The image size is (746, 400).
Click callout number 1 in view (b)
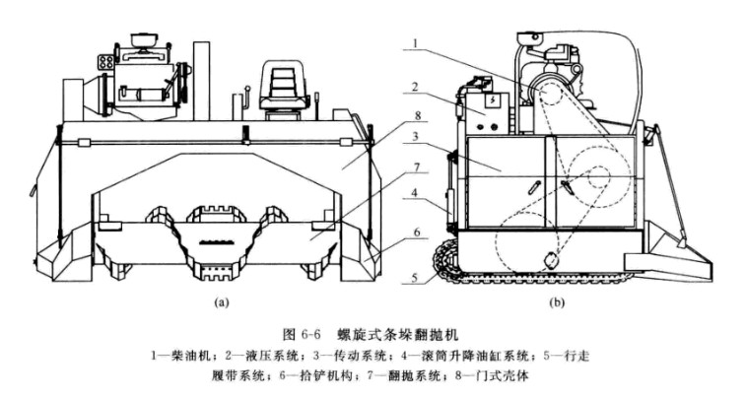click(417, 44)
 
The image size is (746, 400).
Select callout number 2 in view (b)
click(417, 88)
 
